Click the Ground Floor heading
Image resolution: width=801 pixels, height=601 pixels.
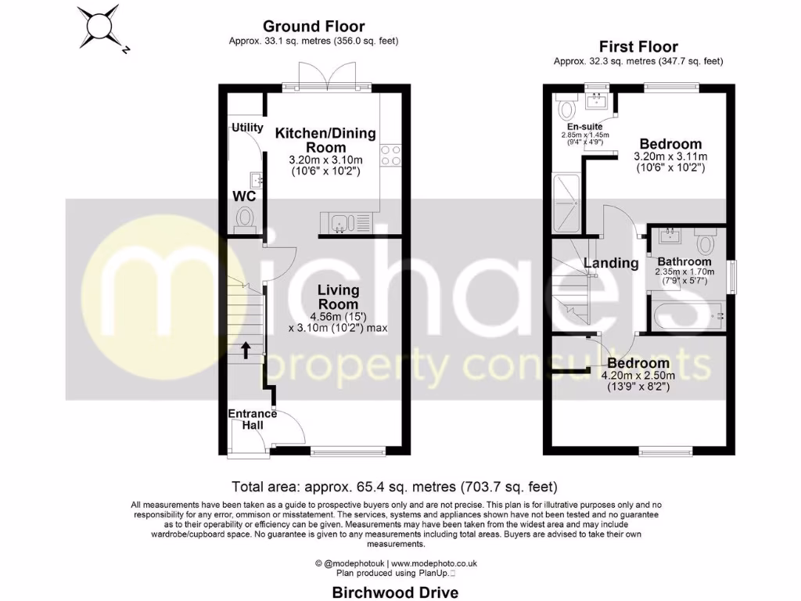point(314,27)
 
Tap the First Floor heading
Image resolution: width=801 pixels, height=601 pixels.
point(638,47)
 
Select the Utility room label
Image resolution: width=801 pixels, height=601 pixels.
point(246,128)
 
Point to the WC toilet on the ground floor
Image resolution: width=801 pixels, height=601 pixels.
point(246,216)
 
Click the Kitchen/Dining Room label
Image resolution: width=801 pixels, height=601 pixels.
point(325,140)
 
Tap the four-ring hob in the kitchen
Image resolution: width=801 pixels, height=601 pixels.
point(390,156)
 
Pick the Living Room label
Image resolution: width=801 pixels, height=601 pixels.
point(338,297)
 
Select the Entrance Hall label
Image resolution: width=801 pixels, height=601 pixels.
point(252,419)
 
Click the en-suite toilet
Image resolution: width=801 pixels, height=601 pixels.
point(566,106)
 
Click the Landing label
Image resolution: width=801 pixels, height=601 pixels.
point(611,263)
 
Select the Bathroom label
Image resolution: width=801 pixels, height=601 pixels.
point(684,261)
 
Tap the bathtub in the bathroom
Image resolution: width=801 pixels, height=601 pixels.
point(685,316)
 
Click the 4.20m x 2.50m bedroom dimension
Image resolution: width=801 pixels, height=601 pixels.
point(638,375)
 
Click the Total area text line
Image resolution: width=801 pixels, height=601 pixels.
point(394,486)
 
